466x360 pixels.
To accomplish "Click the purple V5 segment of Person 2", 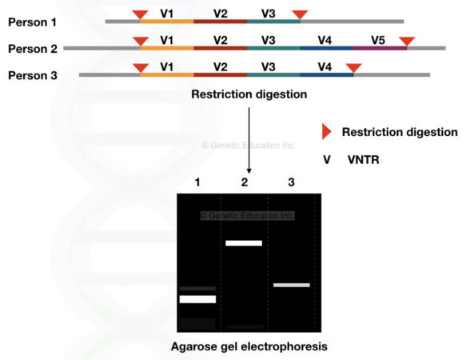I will point(380,48).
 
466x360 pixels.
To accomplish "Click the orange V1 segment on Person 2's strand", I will point(166,48).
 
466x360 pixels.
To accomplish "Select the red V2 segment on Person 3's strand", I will point(220,75).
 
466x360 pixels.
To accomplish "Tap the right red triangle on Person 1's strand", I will point(300,14).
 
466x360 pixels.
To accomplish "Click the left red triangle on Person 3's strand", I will point(140,68).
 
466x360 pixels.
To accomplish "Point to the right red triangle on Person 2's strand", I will point(407,41).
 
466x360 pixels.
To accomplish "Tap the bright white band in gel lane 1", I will point(197,299).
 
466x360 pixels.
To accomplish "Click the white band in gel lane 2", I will point(244,242).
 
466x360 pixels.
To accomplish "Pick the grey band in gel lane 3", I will point(291,285).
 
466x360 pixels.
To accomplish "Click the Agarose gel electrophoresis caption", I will point(249,346).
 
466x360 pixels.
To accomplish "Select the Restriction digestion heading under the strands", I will point(249,94).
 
